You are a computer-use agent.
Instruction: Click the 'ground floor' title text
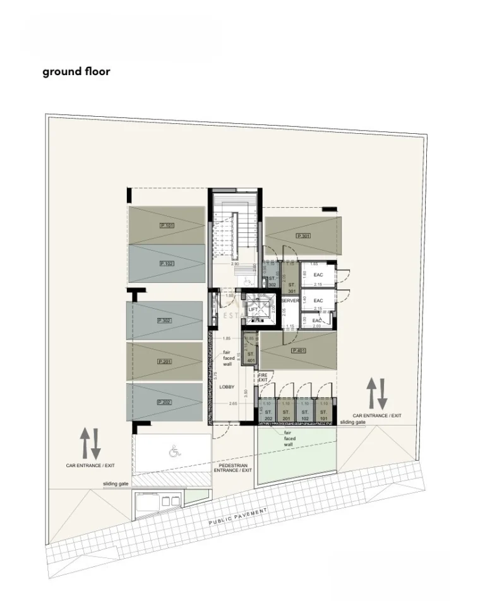(x=76, y=71)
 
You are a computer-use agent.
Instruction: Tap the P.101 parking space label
(x=167, y=225)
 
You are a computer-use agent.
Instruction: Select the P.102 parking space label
(x=167, y=263)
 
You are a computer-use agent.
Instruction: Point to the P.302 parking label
(x=164, y=321)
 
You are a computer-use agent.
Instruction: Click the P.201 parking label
(x=164, y=361)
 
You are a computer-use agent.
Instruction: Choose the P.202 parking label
(x=164, y=402)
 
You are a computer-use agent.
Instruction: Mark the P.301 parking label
(x=302, y=236)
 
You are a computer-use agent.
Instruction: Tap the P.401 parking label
(x=298, y=350)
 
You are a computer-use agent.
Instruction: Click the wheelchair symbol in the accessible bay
(x=174, y=451)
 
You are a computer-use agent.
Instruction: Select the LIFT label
(x=253, y=310)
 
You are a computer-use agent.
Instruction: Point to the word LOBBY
(x=227, y=386)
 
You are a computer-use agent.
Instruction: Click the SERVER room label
(x=290, y=301)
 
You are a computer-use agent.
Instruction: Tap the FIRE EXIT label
(x=263, y=377)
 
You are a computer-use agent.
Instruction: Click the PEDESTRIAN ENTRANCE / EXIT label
(x=233, y=467)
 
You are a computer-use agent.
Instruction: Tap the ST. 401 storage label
(x=251, y=357)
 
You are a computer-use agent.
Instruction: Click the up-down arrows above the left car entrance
(x=90, y=444)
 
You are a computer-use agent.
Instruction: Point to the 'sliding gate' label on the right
(x=352, y=422)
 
